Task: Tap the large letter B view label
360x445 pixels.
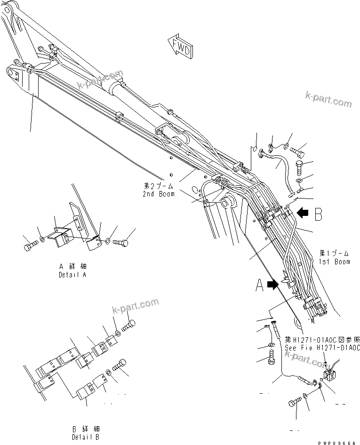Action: coord(319,215)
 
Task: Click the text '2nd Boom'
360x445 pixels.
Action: coord(159,194)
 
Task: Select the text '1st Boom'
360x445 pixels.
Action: coord(334,262)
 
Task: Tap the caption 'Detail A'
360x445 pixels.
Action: coord(72,274)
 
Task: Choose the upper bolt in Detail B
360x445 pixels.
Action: coord(129,325)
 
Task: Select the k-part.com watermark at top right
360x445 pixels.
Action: coord(328,99)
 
